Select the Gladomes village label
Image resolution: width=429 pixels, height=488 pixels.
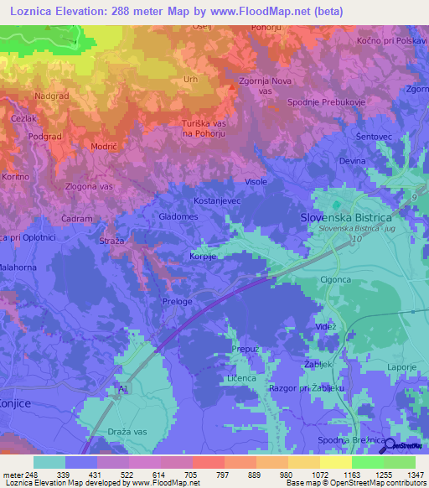point(178,216)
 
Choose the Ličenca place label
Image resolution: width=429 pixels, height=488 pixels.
point(241,379)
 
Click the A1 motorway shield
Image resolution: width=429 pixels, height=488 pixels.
point(124,390)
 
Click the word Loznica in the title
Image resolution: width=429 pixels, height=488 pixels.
point(29,12)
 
